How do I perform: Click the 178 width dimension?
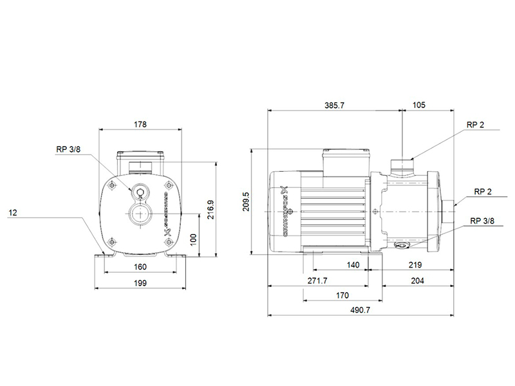(x=140, y=124)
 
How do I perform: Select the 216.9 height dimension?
(x=211, y=210)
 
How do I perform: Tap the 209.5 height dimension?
(x=246, y=201)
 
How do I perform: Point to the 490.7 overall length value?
(x=360, y=310)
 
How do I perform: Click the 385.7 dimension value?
(x=334, y=106)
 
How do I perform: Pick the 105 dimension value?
(x=419, y=105)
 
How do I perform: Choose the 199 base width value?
(x=140, y=283)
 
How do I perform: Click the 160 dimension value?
(x=140, y=267)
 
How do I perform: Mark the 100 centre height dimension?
(x=194, y=239)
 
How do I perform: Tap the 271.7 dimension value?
(x=317, y=280)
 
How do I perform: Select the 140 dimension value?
(x=353, y=265)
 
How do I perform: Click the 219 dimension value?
(x=415, y=265)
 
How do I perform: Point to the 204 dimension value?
(x=417, y=280)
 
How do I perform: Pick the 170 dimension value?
(x=342, y=295)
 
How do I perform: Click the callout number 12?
(x=12, y=213)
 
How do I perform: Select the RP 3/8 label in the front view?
(x=68, y=149)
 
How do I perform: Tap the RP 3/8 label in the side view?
(x=482, y=221)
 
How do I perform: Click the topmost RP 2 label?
(x=475, y=125)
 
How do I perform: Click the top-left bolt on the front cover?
(x=113, y=185)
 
